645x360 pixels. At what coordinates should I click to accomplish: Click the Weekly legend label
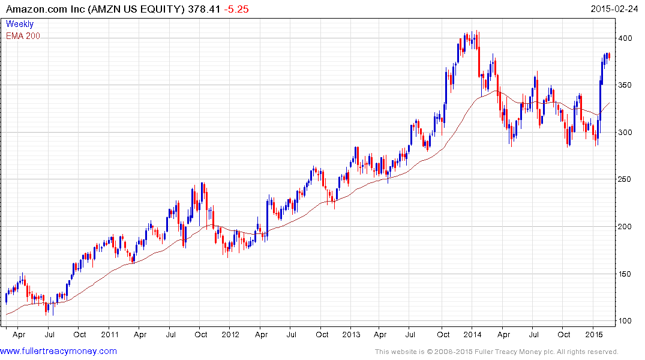(x=20, y=24)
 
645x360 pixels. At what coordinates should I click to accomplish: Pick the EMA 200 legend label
(x=23, y=36)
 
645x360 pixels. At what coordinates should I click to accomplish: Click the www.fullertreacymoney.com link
(x=59, y=351)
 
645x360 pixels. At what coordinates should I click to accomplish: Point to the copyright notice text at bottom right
(x=496, y=352)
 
